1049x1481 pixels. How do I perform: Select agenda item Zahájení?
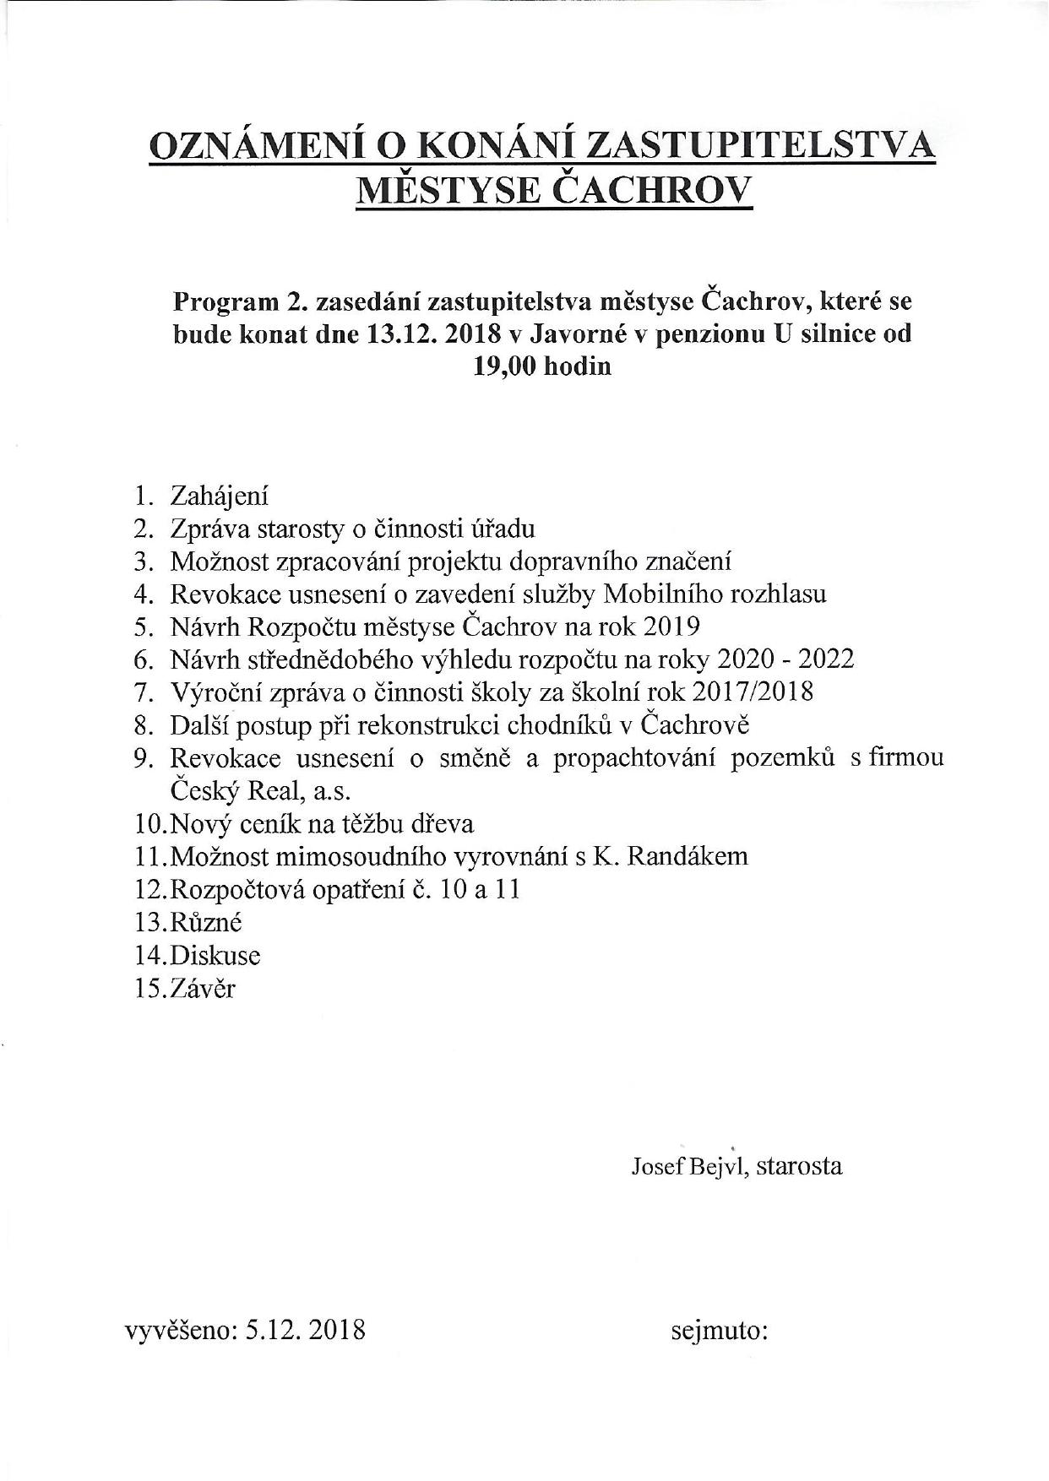tap(219, 496)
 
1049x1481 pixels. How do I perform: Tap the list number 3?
tap(141, 561)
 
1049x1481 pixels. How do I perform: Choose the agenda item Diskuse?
tap(215, 955)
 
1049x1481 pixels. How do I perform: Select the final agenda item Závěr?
tap(202, 988)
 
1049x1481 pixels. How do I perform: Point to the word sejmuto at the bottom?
tap(718, 1332)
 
